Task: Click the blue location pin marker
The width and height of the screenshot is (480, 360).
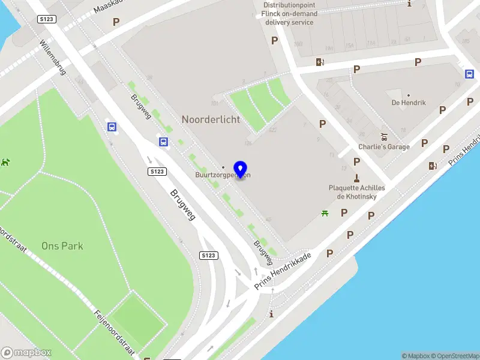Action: [241, 170]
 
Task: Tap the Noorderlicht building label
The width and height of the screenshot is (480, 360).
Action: [211, 119]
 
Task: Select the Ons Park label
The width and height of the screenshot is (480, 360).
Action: [62, 246]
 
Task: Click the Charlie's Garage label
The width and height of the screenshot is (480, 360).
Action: [384, 147]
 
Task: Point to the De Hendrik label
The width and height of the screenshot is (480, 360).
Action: [409, 103]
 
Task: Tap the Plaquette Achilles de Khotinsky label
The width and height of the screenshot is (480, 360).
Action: [356, 192]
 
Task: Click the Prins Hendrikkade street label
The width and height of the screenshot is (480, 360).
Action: [283, 271]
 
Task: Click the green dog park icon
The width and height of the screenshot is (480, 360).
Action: [5, 162]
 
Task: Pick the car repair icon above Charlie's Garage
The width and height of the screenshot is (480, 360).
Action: [384, 136]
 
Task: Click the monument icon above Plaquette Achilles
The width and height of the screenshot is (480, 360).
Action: [356, 178]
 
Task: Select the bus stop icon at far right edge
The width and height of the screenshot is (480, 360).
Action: [469, 74]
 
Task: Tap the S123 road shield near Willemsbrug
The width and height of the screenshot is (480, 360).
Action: [47, 19]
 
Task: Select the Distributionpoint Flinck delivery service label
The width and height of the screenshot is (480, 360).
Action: [289, 13]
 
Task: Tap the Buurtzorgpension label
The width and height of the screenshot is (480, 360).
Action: [223, 175]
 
